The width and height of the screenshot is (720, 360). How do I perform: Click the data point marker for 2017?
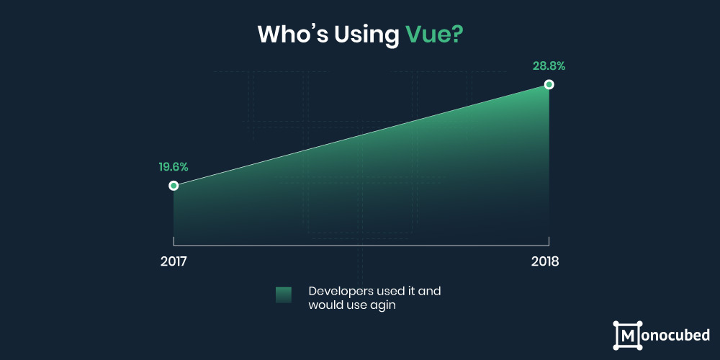(x=173, y=186)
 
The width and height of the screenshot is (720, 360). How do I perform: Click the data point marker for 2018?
(x=549, y=84)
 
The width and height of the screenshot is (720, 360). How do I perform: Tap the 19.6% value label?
(x=174, y=167)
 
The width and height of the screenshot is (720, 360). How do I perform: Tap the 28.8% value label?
(x=549, y=66)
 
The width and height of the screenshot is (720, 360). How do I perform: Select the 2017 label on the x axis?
(x=174, y=262)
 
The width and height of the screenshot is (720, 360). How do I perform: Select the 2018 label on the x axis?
(x=545, y=262)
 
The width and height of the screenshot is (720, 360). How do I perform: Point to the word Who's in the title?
(x=292, y=35)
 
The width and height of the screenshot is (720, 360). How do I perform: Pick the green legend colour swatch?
(x=283, y=294)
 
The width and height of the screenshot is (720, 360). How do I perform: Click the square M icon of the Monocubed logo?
(x=627, y=336)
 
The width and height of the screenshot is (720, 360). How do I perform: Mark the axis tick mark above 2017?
(x=174, y=241)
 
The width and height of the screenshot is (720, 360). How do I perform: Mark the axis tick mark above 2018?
(x=549, y=241)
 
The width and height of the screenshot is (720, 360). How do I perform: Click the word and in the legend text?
(x=431, y=292)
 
